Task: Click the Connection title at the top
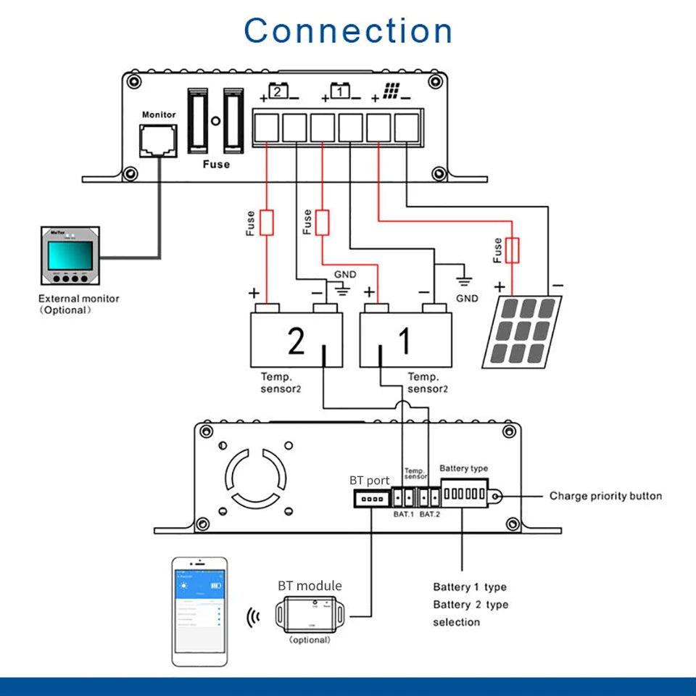point(348,31)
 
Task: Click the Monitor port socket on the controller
point(158,139)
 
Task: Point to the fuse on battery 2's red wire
point(267,223)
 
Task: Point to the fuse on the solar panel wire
point(513,251)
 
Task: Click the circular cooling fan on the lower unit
point(257,478)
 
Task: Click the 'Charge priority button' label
point(605,496)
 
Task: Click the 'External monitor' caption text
point(78,299)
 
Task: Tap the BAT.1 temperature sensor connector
point(402,497)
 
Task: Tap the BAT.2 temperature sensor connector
point(430,497)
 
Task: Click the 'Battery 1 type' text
point(470,587)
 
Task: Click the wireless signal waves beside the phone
point(254,616)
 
